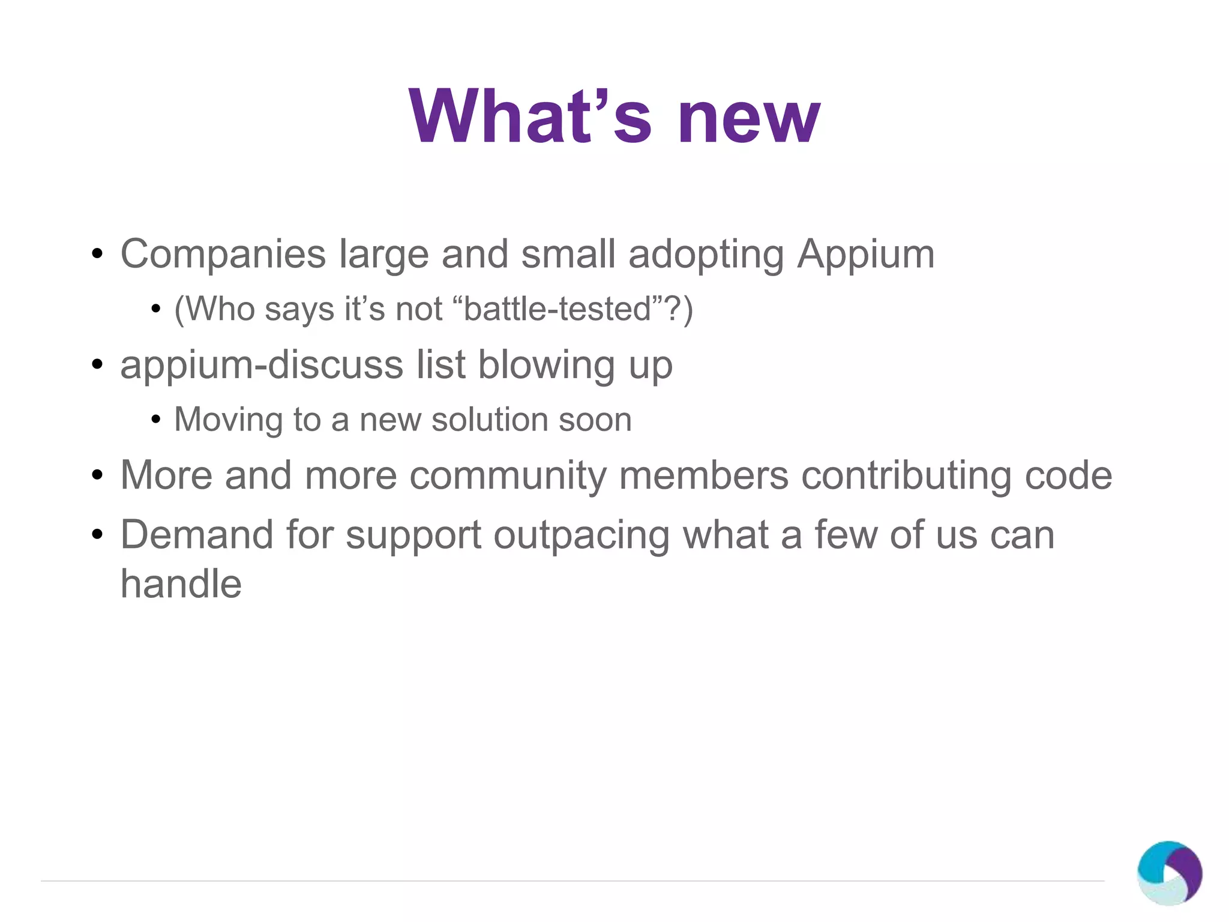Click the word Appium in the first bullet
click(x=865, y=254)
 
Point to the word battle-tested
click(x=557, y=309)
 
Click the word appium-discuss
click(x=262, y=366)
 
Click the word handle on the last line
click(x=181, y=584)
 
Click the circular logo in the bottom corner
click(x=1169, y=873)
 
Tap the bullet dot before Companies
click(x=98, y=255)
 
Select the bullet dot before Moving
click(x=156, y=419)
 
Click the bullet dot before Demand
click(x=98, y=534)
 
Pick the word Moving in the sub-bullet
click(x=227, y=420)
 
